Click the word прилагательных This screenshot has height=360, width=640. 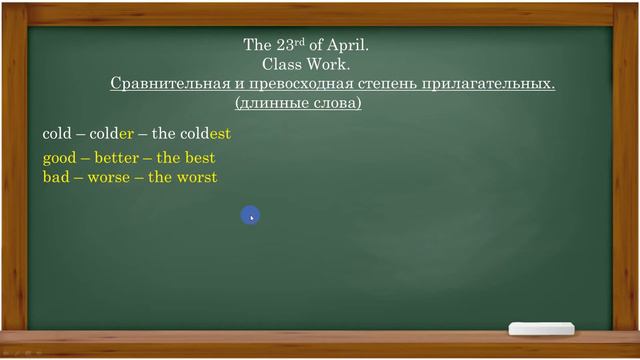tap(495, 84)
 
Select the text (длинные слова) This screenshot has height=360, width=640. tap(298, 103)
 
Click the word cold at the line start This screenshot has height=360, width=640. tap(57, 133)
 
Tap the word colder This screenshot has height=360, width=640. tap(111, 133)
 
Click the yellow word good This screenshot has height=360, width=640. tap(59, 158)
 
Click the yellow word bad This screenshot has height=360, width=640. tap(56, 177)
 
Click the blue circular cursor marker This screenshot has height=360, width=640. tap(250, 215)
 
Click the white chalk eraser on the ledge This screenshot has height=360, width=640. tap(541, 328)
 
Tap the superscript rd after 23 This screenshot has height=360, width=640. tap(297, 42)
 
